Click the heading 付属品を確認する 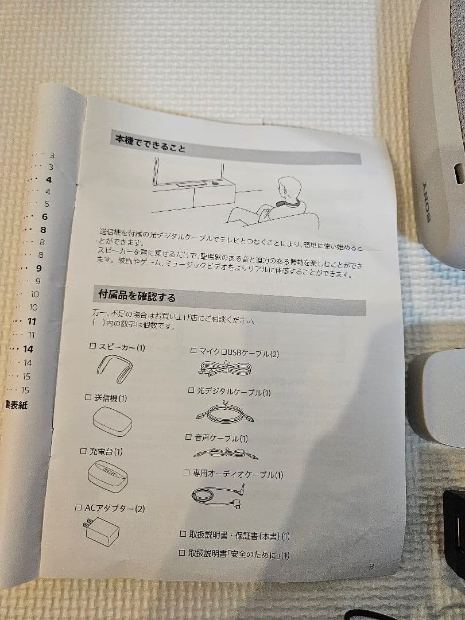click(137, 297)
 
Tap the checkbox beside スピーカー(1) click(92, 346)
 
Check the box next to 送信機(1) click(88, 397)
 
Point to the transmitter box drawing click(112, 423)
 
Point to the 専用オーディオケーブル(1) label click(238, 474)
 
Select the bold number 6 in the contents click(44, 217)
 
